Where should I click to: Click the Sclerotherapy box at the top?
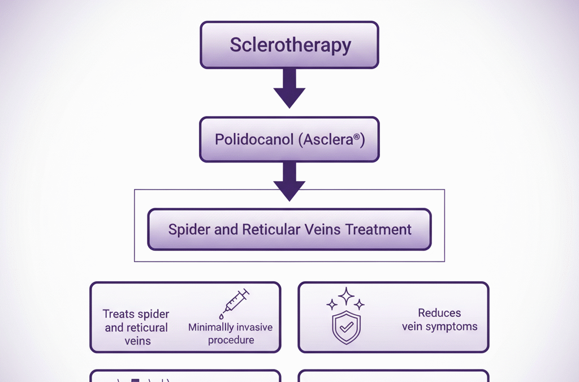click(289, 45)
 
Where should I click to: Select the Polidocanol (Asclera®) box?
click(289, 139)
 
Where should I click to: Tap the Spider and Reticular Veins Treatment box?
click(289, 229)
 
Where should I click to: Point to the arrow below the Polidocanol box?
click(289, 181)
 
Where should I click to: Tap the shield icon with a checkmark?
click(346, 327)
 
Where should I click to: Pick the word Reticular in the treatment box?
click(269, 230)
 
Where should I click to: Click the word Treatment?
click(378, 230)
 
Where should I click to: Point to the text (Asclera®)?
click(331, 139)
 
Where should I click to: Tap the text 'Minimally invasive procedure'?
click(231, 333)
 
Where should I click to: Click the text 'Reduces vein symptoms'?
click(439, 320)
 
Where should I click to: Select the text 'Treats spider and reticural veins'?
click(136, 327)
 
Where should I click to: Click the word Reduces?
click(439, 313)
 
